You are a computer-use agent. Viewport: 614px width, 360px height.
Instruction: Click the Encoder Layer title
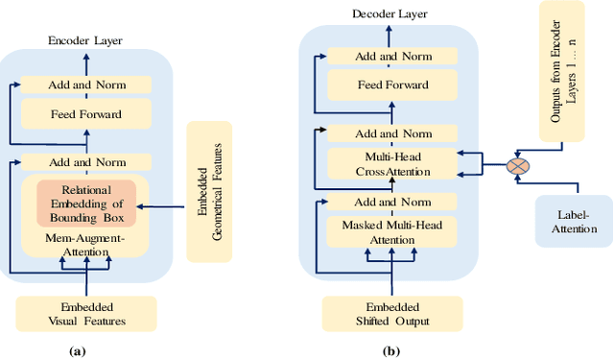click(87, 41)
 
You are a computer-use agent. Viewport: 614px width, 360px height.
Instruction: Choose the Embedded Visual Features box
click(87, 314)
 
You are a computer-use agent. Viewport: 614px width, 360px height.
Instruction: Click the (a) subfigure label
click(79, 351)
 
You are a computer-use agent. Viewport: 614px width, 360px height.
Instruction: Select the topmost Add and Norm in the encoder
click(87, 85)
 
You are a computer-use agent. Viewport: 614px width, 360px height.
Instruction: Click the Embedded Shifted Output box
click(392, 313)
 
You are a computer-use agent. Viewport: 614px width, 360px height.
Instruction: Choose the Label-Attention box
click(574, 221)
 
